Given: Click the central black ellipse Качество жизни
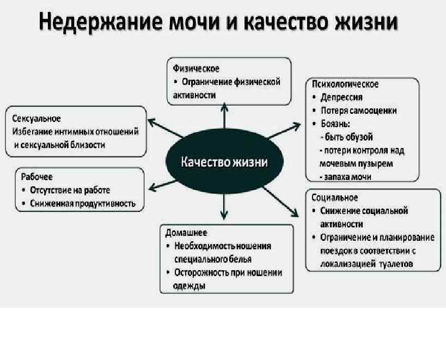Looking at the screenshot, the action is (224, 162).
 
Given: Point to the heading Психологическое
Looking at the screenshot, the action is (345, 84).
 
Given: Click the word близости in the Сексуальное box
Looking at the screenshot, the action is (87, 145).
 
